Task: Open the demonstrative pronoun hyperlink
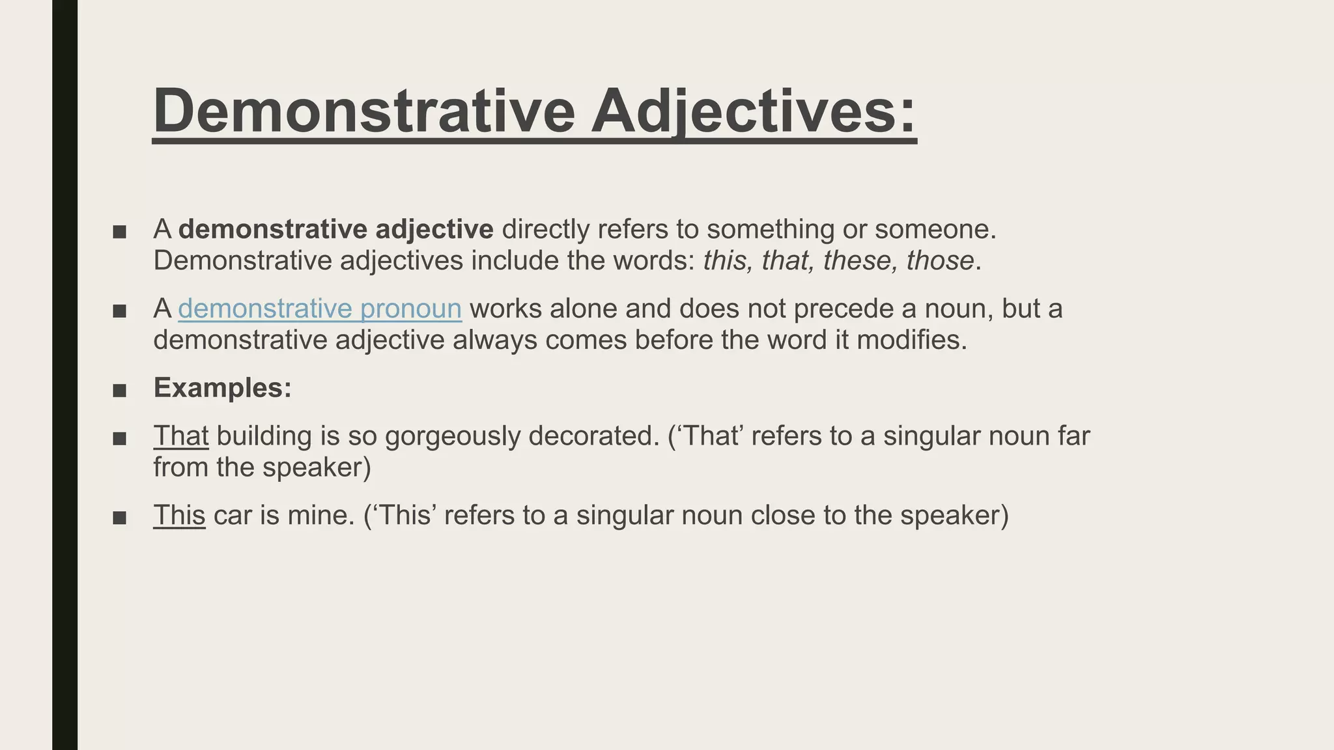coord(320,309)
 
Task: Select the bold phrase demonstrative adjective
coord(336,229)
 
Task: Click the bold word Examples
coord(222,388)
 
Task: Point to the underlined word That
coord(181,436)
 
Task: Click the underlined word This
coord(179,516)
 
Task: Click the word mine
coord(320,516)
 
